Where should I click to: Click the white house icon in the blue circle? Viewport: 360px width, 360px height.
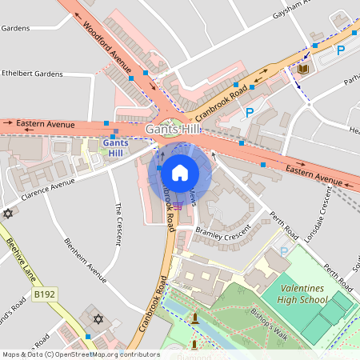pos(180,173)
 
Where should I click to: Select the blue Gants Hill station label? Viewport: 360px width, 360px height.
pos(116,147)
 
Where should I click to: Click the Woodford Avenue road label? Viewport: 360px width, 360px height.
pos(110,47)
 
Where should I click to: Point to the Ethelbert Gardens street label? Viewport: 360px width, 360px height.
pos(32,74)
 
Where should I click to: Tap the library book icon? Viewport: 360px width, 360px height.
pos(302,70)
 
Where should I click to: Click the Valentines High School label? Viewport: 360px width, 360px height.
pos(294,293)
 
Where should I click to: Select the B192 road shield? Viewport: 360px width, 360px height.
pos(46,295)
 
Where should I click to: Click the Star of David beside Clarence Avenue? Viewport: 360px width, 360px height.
pos(9,214)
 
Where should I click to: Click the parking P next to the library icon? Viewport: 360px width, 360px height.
pos(341,50)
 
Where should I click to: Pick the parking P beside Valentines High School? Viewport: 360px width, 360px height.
pos(284,252)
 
